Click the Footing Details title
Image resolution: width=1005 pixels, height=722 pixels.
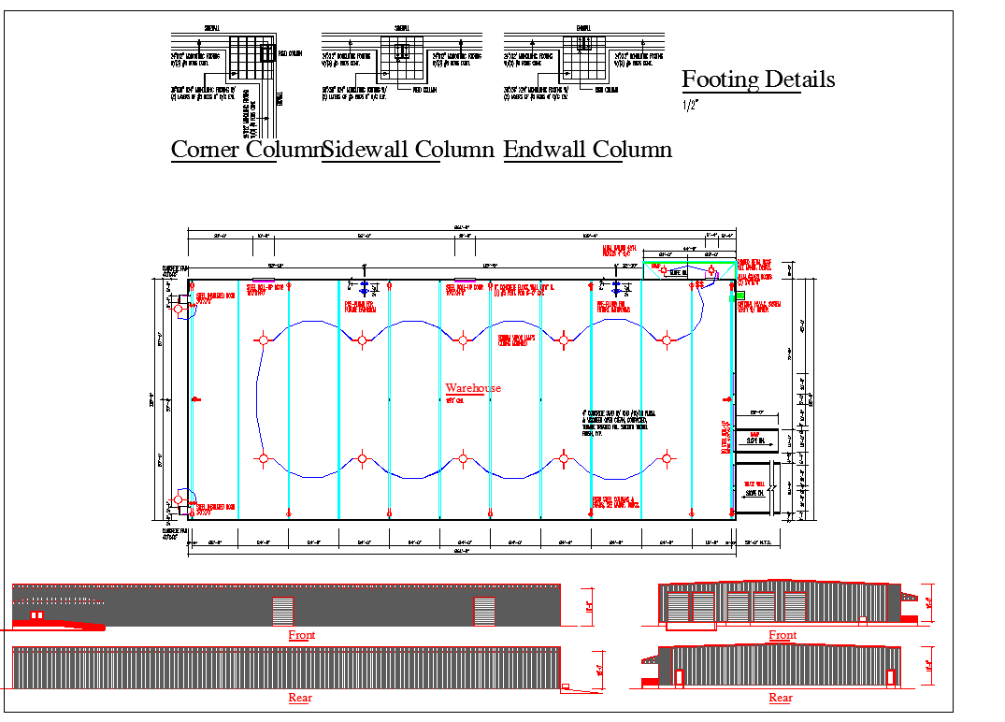758,79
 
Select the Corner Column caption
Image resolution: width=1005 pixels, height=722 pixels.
245,150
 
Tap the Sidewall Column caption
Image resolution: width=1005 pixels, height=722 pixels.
408,150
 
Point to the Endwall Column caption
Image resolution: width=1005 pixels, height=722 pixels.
587,150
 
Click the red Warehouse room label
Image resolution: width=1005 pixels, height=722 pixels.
473,388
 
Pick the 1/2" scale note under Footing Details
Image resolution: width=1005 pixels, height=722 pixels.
691,105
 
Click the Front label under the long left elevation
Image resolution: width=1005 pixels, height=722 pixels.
301,635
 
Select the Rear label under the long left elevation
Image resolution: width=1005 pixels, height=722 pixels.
300,698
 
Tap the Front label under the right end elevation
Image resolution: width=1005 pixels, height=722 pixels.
782,635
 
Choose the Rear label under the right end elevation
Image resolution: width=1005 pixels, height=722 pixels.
781,698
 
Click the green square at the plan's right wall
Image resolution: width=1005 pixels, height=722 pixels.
734,296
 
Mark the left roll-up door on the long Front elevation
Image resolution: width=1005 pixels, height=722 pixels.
282,612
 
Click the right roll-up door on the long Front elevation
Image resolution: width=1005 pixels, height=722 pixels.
484,612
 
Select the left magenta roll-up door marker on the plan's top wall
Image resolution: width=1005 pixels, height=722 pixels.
264,279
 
